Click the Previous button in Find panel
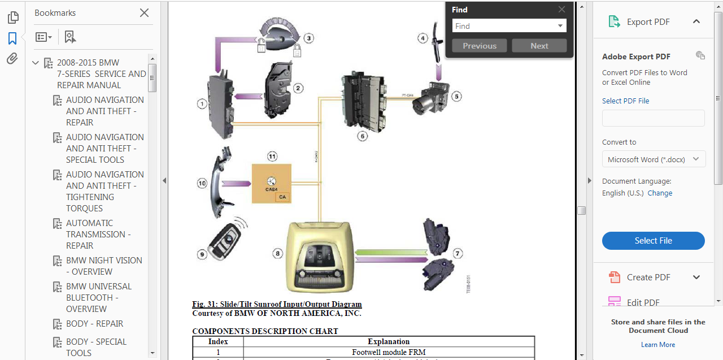coord(480,46)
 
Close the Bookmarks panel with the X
coord(144,12)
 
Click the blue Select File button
coord(653,241)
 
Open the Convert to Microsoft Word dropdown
coord(654,159)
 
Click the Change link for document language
coord(660,193)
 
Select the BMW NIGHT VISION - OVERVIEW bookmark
coord(104,266)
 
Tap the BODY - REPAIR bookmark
coord(94,324)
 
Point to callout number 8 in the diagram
coord(277,254)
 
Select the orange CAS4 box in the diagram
coord(271,184)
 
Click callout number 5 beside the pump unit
coord(456,97)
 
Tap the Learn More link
coord(658,345)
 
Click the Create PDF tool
coord(648,277)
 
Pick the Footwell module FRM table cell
coord(389,352)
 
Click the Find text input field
coord(504,26)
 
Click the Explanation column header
coord(389,341)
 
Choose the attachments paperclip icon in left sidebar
coord(12,59)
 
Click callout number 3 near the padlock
coord(308,38)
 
